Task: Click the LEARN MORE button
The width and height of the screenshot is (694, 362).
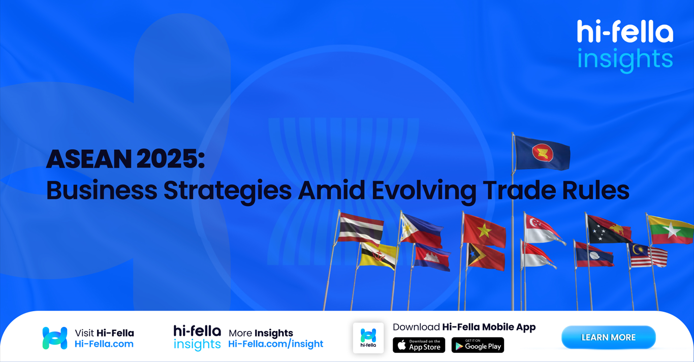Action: click(608, 338)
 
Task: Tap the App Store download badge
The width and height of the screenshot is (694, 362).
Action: click(419, 345)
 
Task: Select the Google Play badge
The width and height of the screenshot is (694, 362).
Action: click(478, 345)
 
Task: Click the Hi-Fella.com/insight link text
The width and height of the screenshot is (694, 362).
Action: click(275, 344)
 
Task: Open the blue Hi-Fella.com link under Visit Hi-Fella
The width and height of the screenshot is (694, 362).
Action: click(104, 344)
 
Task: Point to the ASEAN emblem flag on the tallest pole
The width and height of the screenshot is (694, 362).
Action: click(542, 153)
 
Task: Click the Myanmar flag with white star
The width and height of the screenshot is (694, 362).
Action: click(671, 231)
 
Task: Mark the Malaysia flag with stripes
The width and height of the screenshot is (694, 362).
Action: click(648, 255)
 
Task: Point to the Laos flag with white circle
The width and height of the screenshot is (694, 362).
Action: click(594, 254)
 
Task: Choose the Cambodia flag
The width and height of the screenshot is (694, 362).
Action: click(432, 258)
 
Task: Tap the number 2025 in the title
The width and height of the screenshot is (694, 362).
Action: click(167, 159)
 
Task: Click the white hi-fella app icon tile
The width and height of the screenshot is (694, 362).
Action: click(368, 338)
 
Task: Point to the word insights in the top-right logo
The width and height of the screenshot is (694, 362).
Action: click(625, 59)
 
